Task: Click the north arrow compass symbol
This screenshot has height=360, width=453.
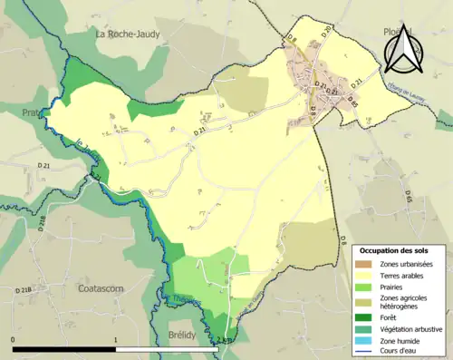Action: point(401,49)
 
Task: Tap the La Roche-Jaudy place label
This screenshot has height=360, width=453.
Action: point(134,34)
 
